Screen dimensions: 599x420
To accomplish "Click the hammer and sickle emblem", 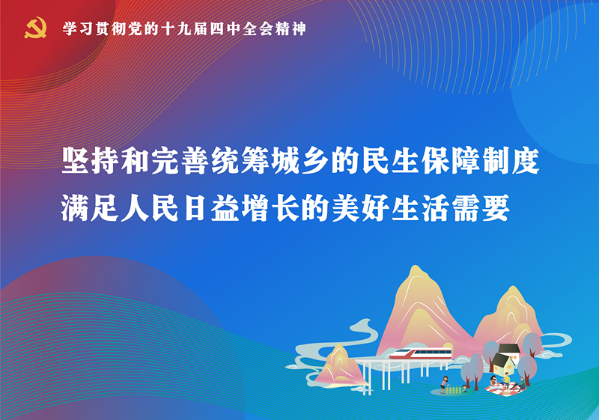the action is (35, 28).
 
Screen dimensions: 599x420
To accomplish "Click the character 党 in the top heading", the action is (136, 29).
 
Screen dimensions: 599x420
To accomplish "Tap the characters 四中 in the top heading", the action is (225, 29).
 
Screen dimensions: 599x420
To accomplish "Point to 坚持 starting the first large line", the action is (91, 160).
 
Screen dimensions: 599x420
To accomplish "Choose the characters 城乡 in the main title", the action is (301, 160).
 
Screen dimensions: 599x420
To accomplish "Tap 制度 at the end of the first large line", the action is (511, 160).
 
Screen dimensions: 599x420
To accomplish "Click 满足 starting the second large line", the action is (91, 208).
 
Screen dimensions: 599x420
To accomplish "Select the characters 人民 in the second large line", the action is (151, 208).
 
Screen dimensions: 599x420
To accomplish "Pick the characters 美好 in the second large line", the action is (361, 208).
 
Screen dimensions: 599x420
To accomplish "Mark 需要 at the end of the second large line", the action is (481, 208).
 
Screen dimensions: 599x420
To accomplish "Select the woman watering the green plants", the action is (444, 384).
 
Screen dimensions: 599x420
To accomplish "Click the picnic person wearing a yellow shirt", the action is (506, 379).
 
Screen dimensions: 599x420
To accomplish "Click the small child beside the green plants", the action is (464, 389).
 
